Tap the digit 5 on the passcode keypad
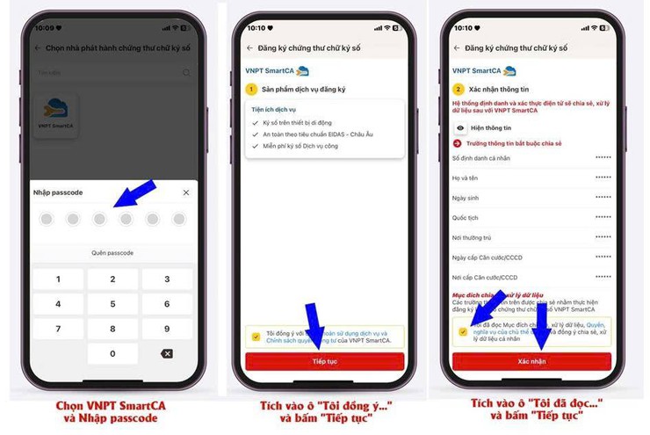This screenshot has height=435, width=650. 112,304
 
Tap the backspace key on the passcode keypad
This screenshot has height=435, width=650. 167,353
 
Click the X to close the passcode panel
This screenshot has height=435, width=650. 185,192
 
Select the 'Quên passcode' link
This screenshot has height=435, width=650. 112,253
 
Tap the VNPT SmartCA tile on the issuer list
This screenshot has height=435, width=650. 55,115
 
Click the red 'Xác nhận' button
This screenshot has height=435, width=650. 531,361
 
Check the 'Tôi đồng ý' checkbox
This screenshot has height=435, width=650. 255,336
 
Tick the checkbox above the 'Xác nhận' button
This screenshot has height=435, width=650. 462,331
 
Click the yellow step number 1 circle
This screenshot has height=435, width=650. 250,90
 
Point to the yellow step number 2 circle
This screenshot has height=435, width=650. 458,90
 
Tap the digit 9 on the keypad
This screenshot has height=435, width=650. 167,329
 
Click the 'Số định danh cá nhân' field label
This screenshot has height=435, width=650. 480,158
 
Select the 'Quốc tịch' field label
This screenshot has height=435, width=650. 466,216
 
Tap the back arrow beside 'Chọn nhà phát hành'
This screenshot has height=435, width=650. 38,48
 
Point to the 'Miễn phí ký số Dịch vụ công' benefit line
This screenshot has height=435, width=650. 304,145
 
